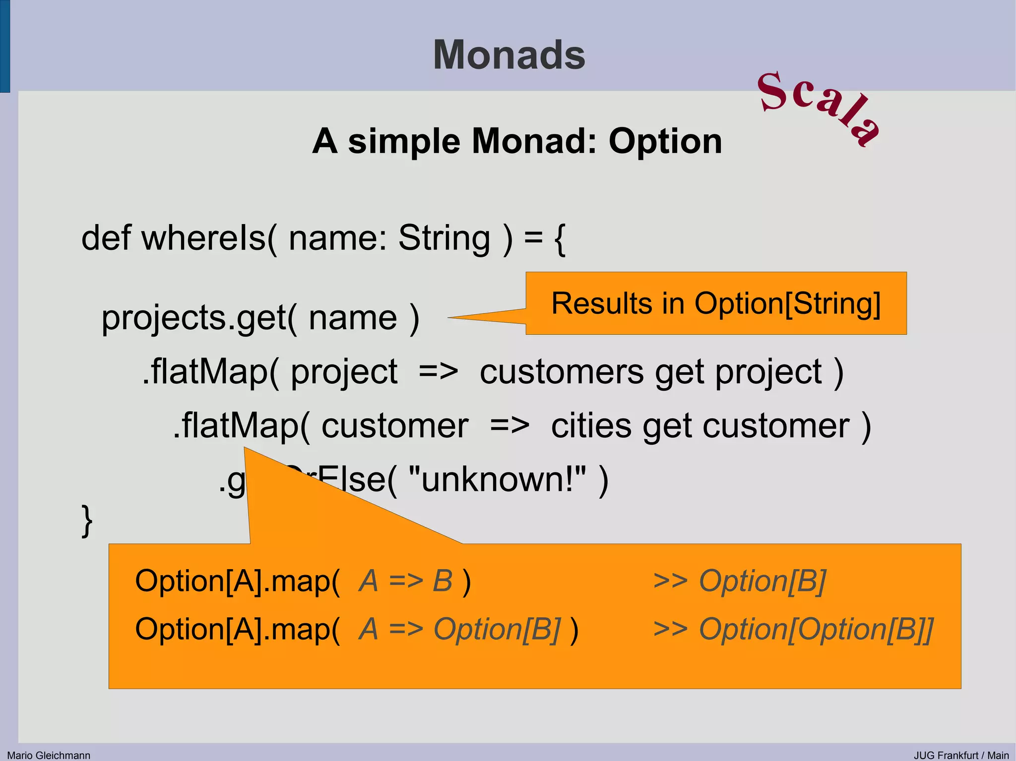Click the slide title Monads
click(509, 55)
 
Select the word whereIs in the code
click(203, 238)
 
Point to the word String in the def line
click(444, 238)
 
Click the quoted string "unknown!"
click(497, 479)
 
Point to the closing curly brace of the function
click(87, 521)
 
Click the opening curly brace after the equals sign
click(560, 239)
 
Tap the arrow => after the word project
click(438, 372)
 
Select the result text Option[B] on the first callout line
click(762, 581)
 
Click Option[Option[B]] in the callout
click(816, 629)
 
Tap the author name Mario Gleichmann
click(49, 755)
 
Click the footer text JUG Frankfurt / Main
click(961, 755)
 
